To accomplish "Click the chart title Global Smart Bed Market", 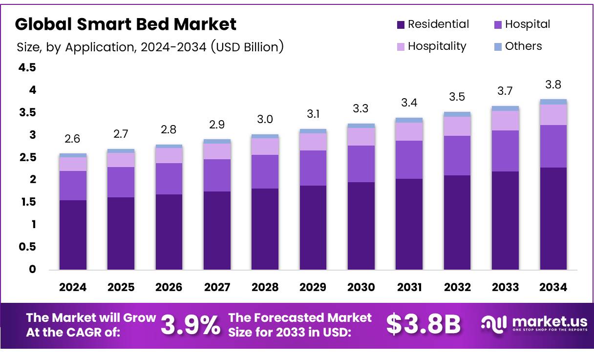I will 126,24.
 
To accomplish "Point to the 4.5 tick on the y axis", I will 27,67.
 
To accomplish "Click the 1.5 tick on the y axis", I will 27,202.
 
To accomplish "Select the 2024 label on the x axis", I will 72,287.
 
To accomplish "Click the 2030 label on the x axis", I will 361,287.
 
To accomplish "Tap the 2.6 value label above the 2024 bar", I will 72,139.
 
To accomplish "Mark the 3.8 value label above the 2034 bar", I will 553,85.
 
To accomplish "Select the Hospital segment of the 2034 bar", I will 553,146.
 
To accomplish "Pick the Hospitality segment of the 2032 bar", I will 457,126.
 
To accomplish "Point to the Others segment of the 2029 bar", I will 313,131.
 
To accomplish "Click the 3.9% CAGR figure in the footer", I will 190,325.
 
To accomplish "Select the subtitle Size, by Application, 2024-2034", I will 150,47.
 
